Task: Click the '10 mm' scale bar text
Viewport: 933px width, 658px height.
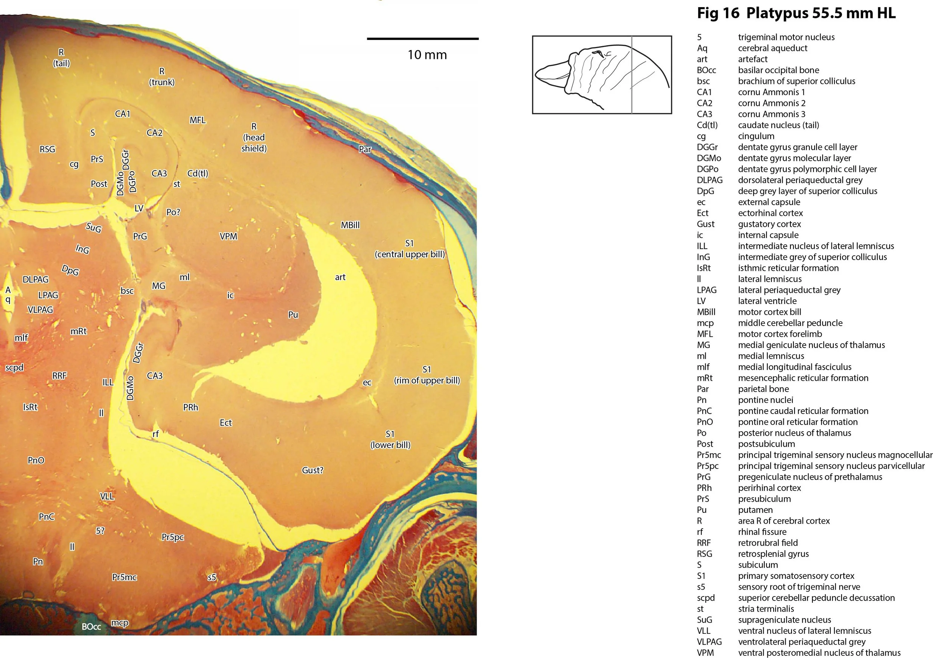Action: point(427,55)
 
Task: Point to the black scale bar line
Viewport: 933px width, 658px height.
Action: point(422,38)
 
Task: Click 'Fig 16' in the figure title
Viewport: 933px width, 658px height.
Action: point(718,13)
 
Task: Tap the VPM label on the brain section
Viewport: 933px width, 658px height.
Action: point(228,236)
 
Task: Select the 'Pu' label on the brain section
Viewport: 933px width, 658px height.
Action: point(293,315)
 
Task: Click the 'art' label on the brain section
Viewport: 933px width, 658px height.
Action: point(340,278)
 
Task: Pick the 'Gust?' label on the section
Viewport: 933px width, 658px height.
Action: point(312,470)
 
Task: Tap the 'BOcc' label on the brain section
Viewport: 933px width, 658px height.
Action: point(91,627)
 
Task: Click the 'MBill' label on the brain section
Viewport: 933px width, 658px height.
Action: point(350,225)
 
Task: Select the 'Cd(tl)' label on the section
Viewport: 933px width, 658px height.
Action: point(198,173)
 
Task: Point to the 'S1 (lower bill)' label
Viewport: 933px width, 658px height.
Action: point(390,439)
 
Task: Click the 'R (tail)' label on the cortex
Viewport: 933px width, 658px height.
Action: point(61,58)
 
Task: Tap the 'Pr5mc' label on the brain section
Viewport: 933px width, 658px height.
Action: point(125,577)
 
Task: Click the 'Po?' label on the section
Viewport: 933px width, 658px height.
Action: point(173,212)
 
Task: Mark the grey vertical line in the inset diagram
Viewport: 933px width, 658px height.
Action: point(632,75)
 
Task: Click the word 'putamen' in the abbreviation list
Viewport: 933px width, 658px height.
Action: point(755,510)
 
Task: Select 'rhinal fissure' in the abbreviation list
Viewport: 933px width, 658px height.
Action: point(762,532)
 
